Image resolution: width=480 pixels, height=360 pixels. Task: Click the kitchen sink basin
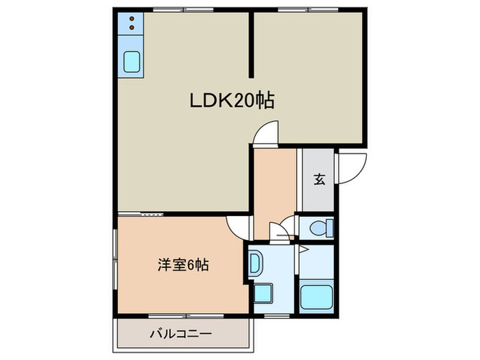(132, 62)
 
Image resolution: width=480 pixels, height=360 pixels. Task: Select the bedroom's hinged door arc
(237, 226)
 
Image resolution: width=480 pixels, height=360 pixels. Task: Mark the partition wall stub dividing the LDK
(251, 45)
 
